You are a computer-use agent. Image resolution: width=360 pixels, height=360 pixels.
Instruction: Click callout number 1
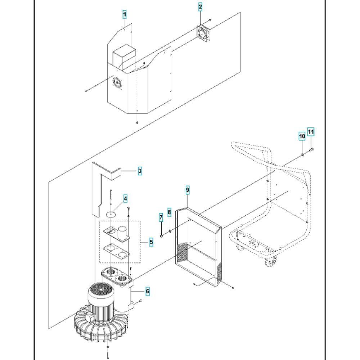(125, 15)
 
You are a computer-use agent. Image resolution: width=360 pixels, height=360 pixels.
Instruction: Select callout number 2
(200, 7)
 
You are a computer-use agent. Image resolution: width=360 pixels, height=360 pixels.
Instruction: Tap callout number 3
(140, 171)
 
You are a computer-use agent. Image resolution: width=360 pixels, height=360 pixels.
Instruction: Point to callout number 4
(125, 199)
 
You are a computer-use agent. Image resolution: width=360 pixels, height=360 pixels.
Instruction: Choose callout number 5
(151, 242)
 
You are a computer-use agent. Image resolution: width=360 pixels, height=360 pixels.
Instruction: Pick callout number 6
(147, 291)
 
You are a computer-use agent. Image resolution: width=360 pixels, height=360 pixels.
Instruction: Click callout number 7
(161, 217)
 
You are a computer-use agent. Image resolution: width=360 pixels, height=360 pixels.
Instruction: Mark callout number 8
(169, 212)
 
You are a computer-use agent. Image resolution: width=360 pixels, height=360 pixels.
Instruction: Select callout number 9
(188, 190)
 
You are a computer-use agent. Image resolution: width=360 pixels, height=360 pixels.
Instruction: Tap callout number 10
(302, 136)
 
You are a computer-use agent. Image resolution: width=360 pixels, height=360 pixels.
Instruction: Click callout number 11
(311, 132)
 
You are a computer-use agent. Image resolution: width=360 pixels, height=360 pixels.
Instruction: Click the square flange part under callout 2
(203, 33)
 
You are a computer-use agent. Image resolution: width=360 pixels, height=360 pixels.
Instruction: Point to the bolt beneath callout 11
(311, 150)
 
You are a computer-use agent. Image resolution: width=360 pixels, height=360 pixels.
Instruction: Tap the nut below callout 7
(161, 236)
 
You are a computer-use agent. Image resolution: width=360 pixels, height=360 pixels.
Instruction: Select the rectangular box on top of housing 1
(124, 57)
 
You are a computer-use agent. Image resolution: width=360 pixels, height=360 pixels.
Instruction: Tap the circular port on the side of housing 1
(117, 83)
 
